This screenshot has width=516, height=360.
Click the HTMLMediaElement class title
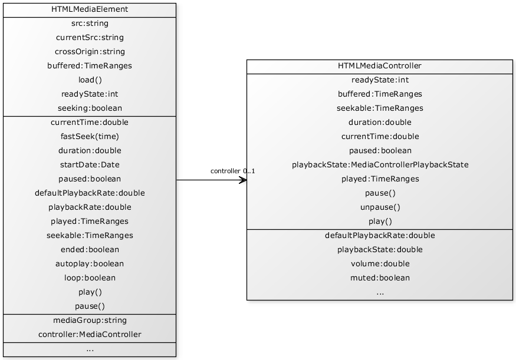click(90, 9)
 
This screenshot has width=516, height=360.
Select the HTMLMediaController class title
click(380, 66)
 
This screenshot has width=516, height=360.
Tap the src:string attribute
click(90, 24)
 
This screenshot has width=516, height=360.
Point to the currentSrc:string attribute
click(90, 38)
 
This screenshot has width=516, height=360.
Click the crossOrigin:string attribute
click(90, 52)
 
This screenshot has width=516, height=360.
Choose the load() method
click(90, 80)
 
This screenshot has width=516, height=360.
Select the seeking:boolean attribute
click(90, 108)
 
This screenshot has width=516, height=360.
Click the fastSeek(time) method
click(90, 137)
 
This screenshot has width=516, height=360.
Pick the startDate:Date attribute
click(90, 165)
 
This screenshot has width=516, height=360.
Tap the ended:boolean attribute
click(90, 250)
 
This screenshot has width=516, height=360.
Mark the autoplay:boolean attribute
click(90, 264)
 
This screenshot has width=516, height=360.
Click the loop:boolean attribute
click(90, 278)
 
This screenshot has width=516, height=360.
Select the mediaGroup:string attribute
click(90, 321)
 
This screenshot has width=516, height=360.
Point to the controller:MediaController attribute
click(90, 335)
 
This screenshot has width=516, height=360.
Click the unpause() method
click(380, 207)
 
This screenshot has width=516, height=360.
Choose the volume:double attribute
click(380, 264)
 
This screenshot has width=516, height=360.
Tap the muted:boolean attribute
click(380, 278)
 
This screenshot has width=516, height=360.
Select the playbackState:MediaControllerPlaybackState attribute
click(380, 165)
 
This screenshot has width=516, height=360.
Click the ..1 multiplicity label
click(251, 171)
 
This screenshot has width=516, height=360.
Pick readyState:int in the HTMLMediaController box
click(380, 80)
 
